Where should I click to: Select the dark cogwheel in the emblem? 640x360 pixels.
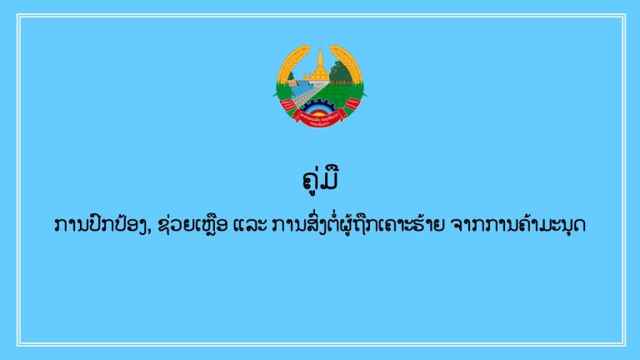tap(320, 107)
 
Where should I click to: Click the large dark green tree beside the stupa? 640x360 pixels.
tap(340, 72)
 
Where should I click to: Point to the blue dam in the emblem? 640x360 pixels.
tap(302, 87)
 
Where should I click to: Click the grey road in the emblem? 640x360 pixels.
tap(310, 95)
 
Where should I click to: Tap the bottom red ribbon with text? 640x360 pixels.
tap(320, 118)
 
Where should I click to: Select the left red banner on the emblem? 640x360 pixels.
tap(287, 105)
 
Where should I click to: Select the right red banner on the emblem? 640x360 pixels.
tap(352, 104)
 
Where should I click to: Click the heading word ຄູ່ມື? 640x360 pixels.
tap(321, 180)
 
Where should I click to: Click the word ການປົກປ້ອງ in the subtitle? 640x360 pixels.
tap(102, 225)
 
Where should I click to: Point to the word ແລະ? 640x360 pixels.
tap(250, 225)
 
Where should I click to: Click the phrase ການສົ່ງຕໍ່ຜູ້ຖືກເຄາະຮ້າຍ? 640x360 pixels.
tap(357, 225)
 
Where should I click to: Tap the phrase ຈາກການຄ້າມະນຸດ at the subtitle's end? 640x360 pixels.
tap(517, 225)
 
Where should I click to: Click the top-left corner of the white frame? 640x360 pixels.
tap(17, 15)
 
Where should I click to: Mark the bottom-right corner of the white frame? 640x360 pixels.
tap(625, 345)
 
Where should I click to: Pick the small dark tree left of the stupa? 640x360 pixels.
tap(291, 77)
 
